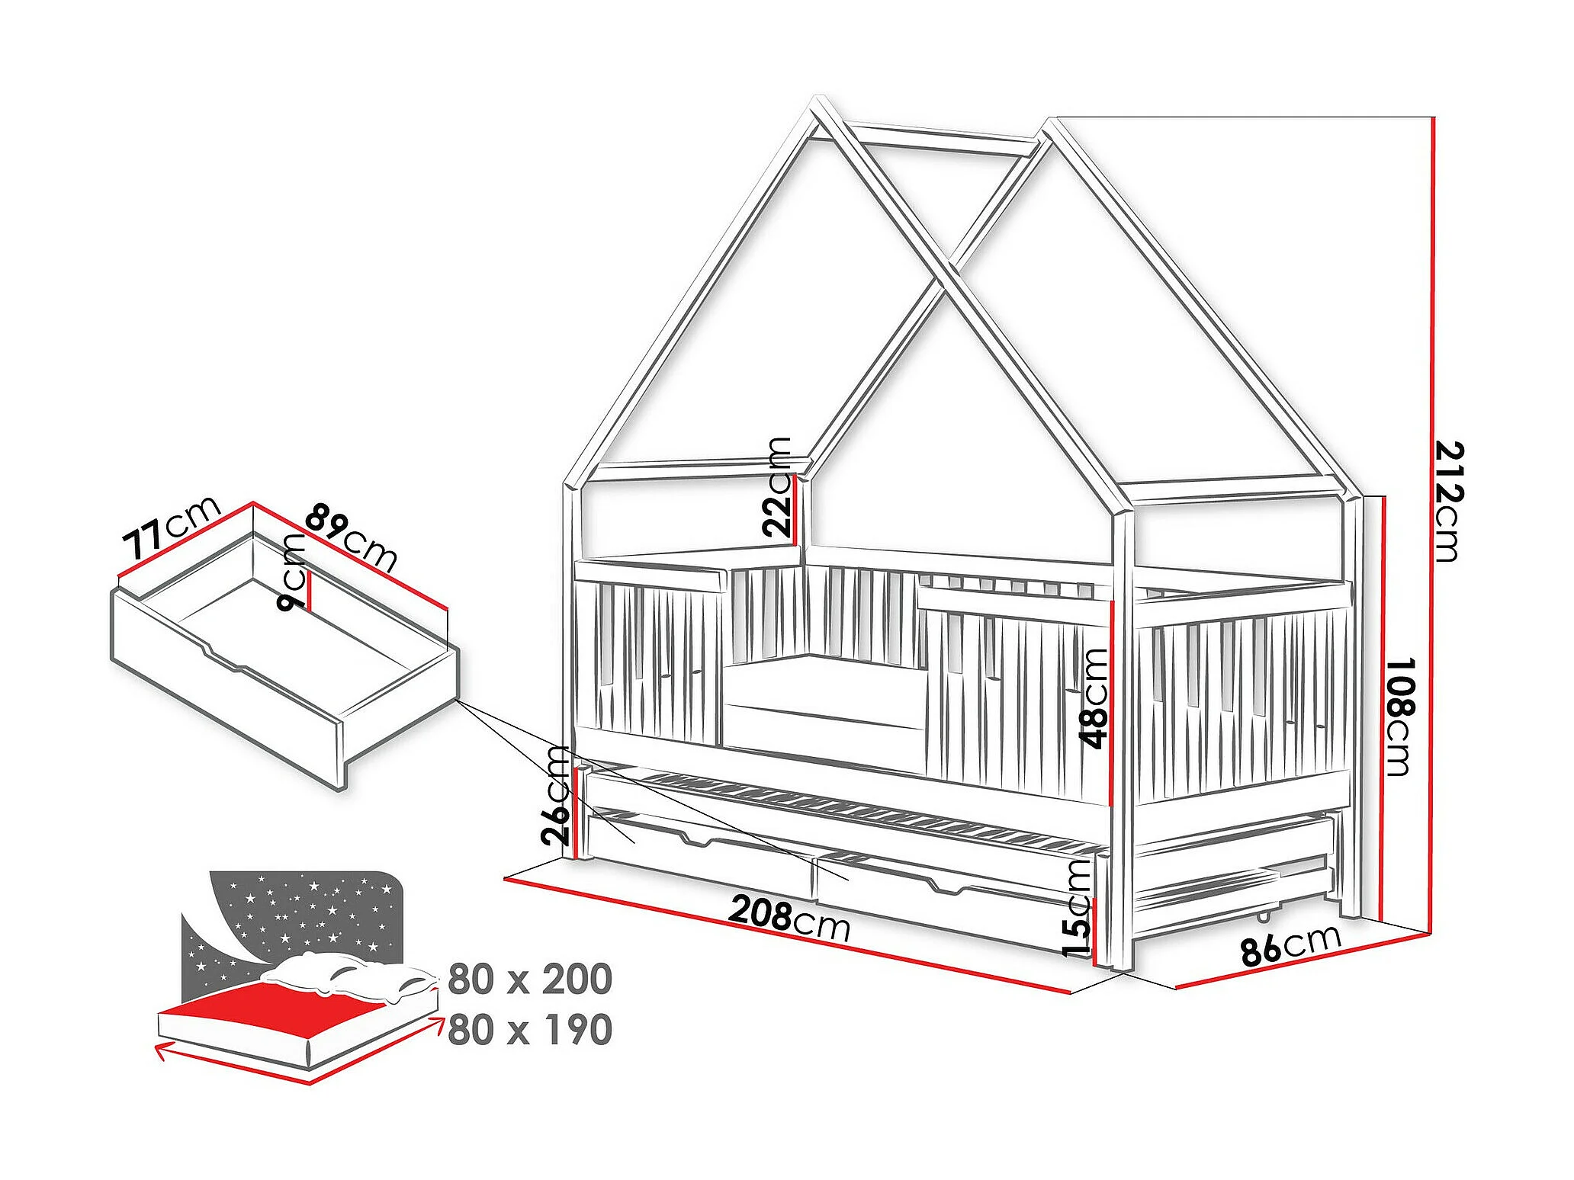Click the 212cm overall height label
coord(1448,501)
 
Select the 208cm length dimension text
coord(789,917)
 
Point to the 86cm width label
coord(1290,945)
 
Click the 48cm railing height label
coord(1094,697)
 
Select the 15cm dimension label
coord(1077,907)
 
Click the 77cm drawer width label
coord(171,527)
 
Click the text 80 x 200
coord(529,980)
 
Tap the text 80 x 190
coord(529,1029)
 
